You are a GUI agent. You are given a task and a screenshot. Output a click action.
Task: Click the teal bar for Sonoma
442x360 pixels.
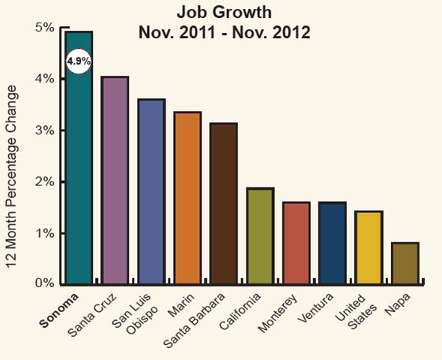(x=79, y=172)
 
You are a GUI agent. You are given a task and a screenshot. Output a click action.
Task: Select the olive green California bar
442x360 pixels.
(x=260, y=235)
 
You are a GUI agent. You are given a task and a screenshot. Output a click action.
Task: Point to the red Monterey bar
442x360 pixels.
(x=296, y=242)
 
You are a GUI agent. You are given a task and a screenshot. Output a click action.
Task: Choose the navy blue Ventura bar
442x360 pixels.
(x=332, y=242)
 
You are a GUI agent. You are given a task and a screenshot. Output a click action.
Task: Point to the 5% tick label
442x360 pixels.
(x=45, y=28)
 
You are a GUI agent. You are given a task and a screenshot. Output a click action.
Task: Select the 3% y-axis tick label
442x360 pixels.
(x=45, y=130)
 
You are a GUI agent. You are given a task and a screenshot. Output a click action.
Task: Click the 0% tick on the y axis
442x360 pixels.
(x=45, y=283)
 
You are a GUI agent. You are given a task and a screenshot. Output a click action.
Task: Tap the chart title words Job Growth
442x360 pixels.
(x=224, y=13)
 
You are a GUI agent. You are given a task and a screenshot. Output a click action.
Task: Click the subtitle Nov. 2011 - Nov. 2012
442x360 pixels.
(x=224, y=33)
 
